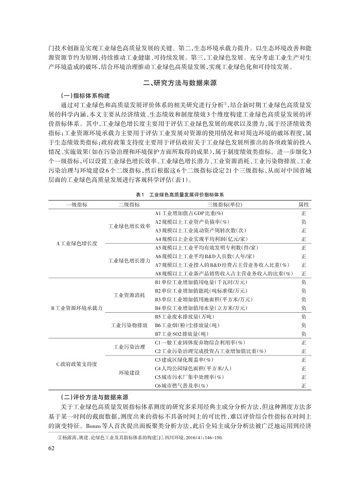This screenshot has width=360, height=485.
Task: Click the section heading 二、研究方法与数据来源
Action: click(179, 82)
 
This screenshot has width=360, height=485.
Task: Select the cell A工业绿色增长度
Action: click(77, 243)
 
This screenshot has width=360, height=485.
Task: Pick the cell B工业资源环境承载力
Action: click(77, 308)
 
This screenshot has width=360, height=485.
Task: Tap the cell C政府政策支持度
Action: click(77, 364)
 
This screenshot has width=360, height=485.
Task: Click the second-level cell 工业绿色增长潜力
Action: click(130, 260)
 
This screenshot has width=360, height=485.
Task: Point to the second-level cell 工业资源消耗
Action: click(130, 295)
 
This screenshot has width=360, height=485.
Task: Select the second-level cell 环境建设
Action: click(130, 372)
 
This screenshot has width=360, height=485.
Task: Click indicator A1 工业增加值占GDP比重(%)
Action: click(188, 212)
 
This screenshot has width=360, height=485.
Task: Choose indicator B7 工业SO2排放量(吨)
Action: click(181, 333)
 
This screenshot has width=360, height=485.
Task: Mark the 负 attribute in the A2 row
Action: click(303, 221)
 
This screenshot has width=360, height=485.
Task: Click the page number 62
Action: click(51, 447)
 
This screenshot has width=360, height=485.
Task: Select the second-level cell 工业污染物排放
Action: click(130, 325)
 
